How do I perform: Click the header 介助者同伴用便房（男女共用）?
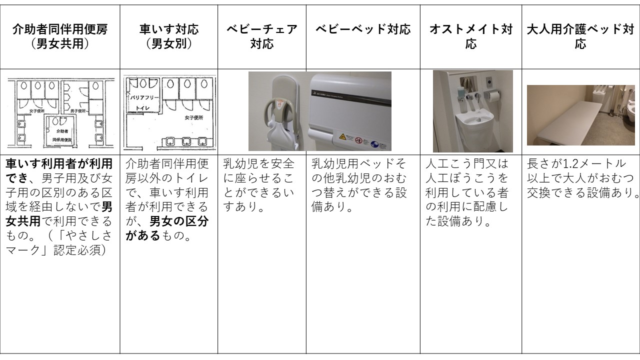point(60,36)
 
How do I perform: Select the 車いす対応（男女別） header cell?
point(168,36)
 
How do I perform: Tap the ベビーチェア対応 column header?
point(262,36)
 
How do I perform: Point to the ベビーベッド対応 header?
point(363,29)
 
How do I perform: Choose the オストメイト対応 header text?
point(471,36)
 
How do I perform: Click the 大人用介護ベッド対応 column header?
point(580,36)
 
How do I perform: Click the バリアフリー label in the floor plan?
point(144,96)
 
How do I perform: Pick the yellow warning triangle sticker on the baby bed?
point(342,136)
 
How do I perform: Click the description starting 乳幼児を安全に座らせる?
point(260,185)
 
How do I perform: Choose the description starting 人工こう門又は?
point(468,192)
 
